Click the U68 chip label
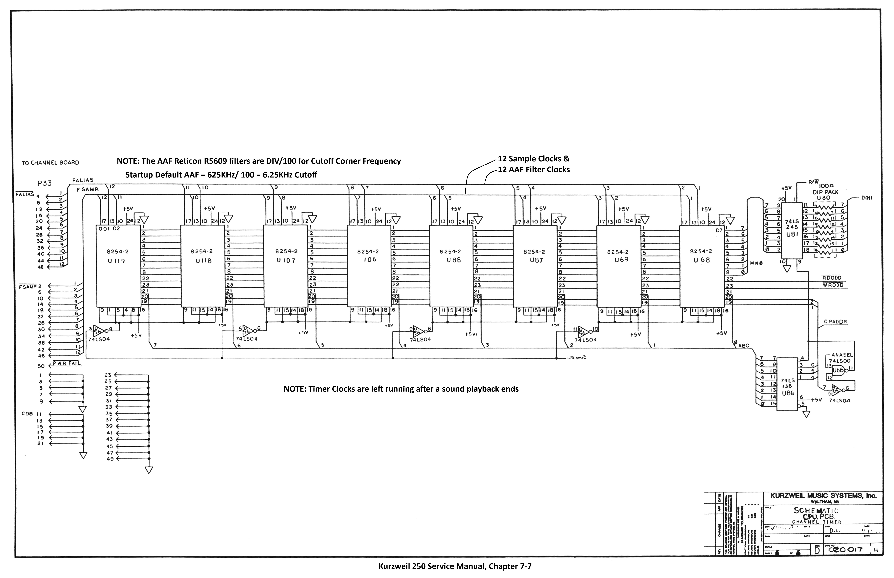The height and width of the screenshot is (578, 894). (x=701, y=260)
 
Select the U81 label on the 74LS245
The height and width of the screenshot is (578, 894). (x=792, y=234)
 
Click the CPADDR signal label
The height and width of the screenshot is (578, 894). (x=835, y=322)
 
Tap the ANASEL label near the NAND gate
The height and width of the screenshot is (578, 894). (x=842, y=355)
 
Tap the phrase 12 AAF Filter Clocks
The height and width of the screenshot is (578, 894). (x=534, y=170)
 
